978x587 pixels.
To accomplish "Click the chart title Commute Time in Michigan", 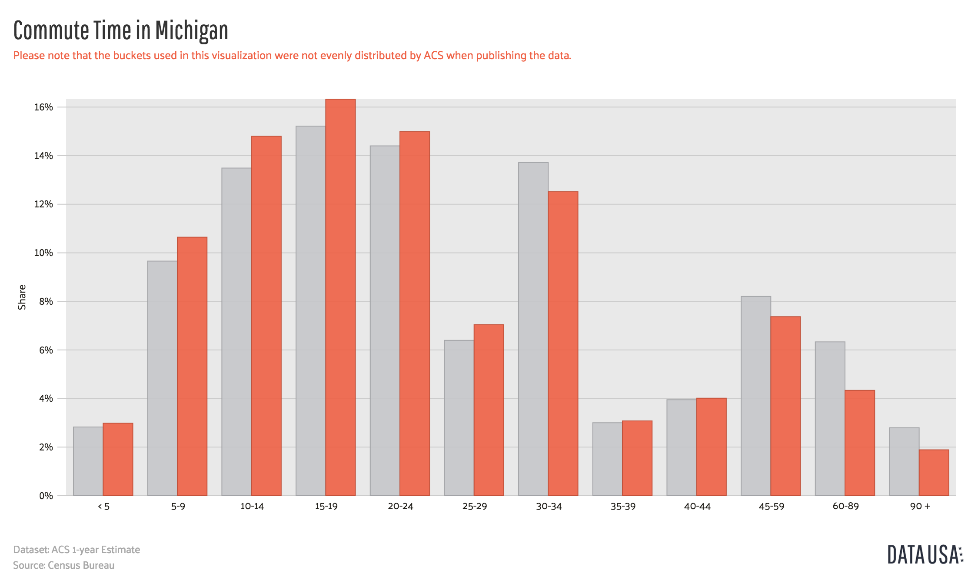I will (120, 30).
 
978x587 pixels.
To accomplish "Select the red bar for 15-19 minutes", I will (340, 297).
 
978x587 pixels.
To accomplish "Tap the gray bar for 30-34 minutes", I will (533, 329).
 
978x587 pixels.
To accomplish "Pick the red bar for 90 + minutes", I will (934, 473).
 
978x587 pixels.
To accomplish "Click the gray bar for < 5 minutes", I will (88, 461).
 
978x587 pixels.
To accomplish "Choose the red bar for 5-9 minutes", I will (192, 366).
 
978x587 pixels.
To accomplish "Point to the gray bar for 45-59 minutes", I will (756, 396).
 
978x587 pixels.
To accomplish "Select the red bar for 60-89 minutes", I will (860, 443).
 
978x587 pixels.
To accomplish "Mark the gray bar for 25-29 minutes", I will (459, 418).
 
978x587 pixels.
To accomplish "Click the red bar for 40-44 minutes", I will (711, 447).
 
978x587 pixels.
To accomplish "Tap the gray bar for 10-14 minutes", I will (236, 332).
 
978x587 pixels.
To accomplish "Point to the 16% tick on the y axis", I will (43, 107).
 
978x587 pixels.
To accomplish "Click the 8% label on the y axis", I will (46, 301).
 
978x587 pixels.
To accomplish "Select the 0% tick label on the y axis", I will (46, 496).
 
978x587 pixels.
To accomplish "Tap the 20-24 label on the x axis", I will (400, 507).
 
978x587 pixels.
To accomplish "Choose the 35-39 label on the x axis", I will (623, 507).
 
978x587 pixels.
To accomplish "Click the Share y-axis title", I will (22, 297).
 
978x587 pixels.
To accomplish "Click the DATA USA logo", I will (925, 555).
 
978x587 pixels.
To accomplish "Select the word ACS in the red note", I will (433, 56).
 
